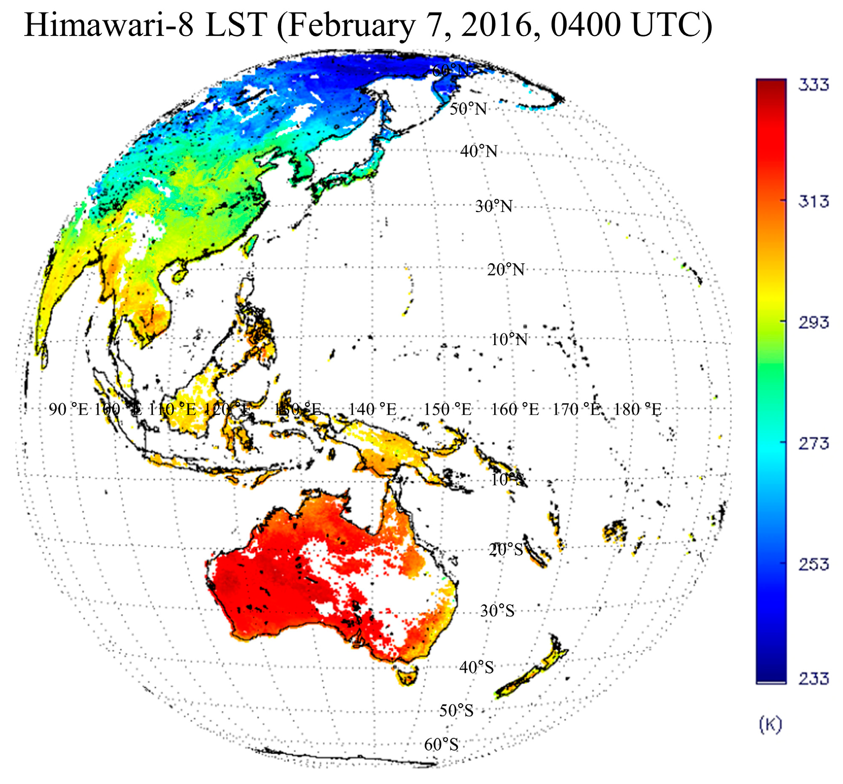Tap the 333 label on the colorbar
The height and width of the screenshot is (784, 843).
pyautogui.click(x=813, y=85)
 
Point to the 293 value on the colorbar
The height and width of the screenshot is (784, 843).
pyautogui.click(x=813, y=323)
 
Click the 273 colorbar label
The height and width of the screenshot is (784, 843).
pyautogui.click(x=813, y=444)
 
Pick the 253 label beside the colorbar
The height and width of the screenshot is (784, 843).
pyautogui.click(x=813, y=565)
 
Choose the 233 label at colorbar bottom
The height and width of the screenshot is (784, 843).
pyautogui.click(x=813, y=679)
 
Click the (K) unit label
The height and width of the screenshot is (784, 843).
pyautogui.click(x=771, y=725)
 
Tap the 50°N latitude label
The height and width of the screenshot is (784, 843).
pyautogui.click(x=468, y=109)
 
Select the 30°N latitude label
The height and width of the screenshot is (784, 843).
pyautogui.click(x=494, y=207)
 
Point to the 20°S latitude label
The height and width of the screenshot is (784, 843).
pyautogui.click(x=506, y=550)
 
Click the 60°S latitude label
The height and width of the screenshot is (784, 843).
pyautogui.click(x=441, y=745)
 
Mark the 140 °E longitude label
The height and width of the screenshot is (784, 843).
pyautogui.click(x=372, y=410)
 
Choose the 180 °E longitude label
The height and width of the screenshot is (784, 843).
pyautogui.click(x=637, y=410)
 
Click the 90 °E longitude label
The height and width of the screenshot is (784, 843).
pyautogui.click(x=68, y=410)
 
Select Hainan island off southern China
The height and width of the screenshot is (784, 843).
pyautogui.click(x=180, y=274)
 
